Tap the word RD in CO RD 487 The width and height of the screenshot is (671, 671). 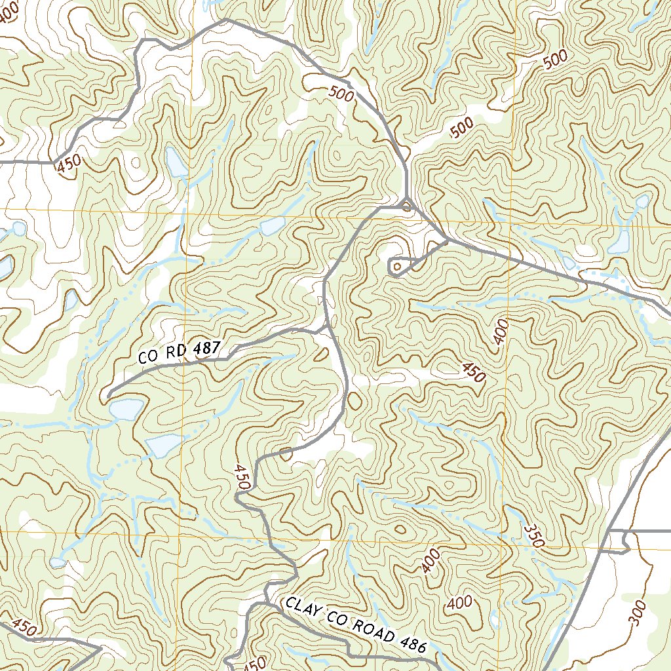(176, 354)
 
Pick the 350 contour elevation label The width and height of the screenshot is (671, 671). (535, 535)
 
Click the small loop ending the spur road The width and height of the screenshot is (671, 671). (396, 267)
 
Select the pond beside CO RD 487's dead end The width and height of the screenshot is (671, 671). (126, 409)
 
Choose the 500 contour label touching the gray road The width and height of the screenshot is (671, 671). (341, 95)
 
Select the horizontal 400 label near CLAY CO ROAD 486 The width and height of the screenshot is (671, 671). (459, 602)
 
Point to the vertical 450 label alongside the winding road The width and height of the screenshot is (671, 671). (241, 477)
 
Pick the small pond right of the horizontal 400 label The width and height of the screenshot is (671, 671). (493, 619)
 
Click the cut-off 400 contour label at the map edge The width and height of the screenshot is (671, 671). (8, 13)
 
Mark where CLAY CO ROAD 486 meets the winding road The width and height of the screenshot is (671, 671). (269, 600)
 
